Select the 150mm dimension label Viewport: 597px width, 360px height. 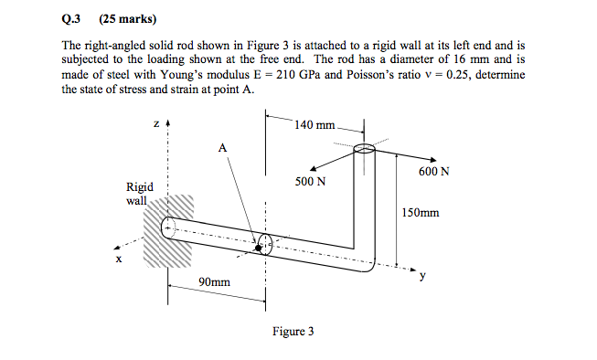[x=421, y=213]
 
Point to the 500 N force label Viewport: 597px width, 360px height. [x=310, y=182]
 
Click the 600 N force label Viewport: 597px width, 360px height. [x=433, y=172]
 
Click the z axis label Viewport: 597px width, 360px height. [x=156, y=122]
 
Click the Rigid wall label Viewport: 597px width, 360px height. [x=139, y=194]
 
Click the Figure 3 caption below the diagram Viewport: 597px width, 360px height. [x=293, y=331]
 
